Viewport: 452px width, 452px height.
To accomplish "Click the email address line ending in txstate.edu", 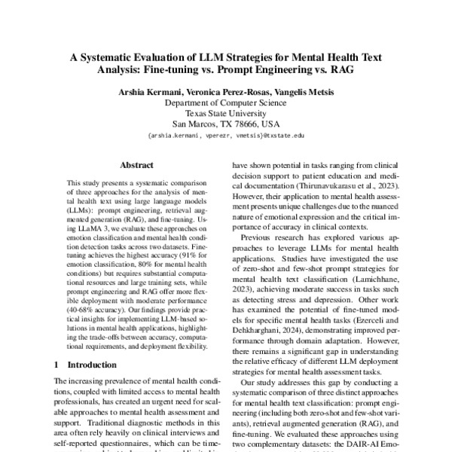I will click(x=226, y=136).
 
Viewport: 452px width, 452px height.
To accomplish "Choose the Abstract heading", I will click(x=136, y=165).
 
